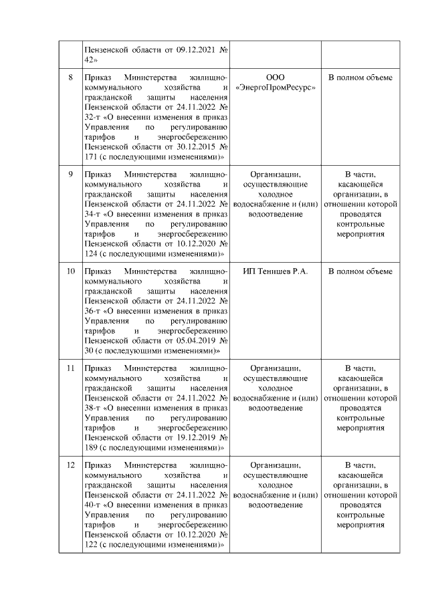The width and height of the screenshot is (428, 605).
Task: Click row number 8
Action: [x=70, y=78]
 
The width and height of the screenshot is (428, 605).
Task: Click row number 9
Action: [x=70, y=175]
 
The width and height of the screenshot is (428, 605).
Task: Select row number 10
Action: [x=70, y=271]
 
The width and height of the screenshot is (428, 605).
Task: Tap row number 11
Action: [x=70, y=368]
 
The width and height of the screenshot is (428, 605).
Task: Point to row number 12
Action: [x=70, y=465]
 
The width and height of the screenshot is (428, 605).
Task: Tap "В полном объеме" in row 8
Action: [x=360, y=78]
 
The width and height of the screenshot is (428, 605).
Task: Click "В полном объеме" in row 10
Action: [x=360, y=271]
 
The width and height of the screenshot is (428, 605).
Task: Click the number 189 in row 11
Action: [x=89, y=446]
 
